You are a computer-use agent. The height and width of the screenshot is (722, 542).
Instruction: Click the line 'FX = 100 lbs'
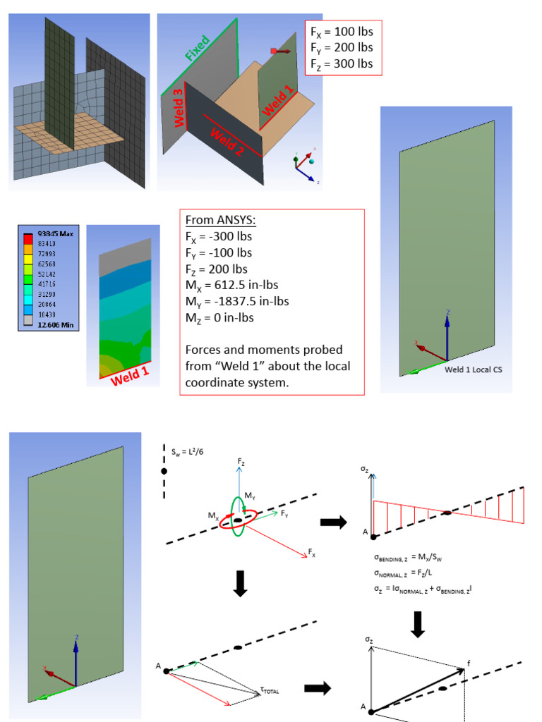342,32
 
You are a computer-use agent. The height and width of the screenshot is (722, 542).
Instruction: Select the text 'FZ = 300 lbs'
342,64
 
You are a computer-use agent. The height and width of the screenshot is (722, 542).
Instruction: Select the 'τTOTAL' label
267,691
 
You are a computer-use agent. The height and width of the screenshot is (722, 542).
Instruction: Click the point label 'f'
468,663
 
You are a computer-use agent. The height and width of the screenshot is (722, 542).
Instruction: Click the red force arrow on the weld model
280,51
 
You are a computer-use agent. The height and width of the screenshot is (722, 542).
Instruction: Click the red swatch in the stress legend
28,243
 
